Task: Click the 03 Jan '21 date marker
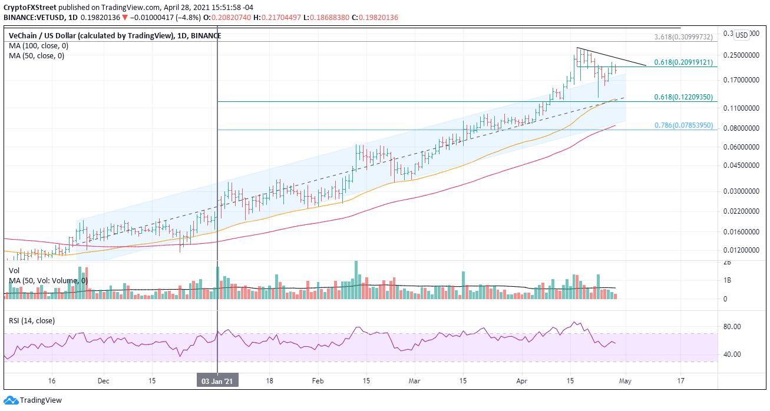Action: click(x=218, y=380)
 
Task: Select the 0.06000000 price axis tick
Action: click(x=740, y=147)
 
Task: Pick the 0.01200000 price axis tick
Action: click(x=740, y=250)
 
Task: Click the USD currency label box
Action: click(x=742, y=35)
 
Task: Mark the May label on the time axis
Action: click(x=626, y=380)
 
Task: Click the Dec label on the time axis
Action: click(x=104, y=380)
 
